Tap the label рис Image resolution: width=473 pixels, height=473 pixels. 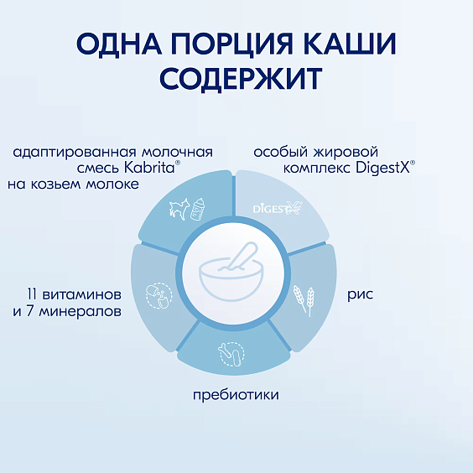pyautogui.click(x=361, y=295)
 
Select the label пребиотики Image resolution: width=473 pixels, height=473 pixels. pyautogui.click(x=236, y=394)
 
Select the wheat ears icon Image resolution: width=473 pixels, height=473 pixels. pyautogui.click(x=302, y=298)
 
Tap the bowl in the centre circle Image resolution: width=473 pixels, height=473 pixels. pyautogui.click(x=232, y=283)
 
